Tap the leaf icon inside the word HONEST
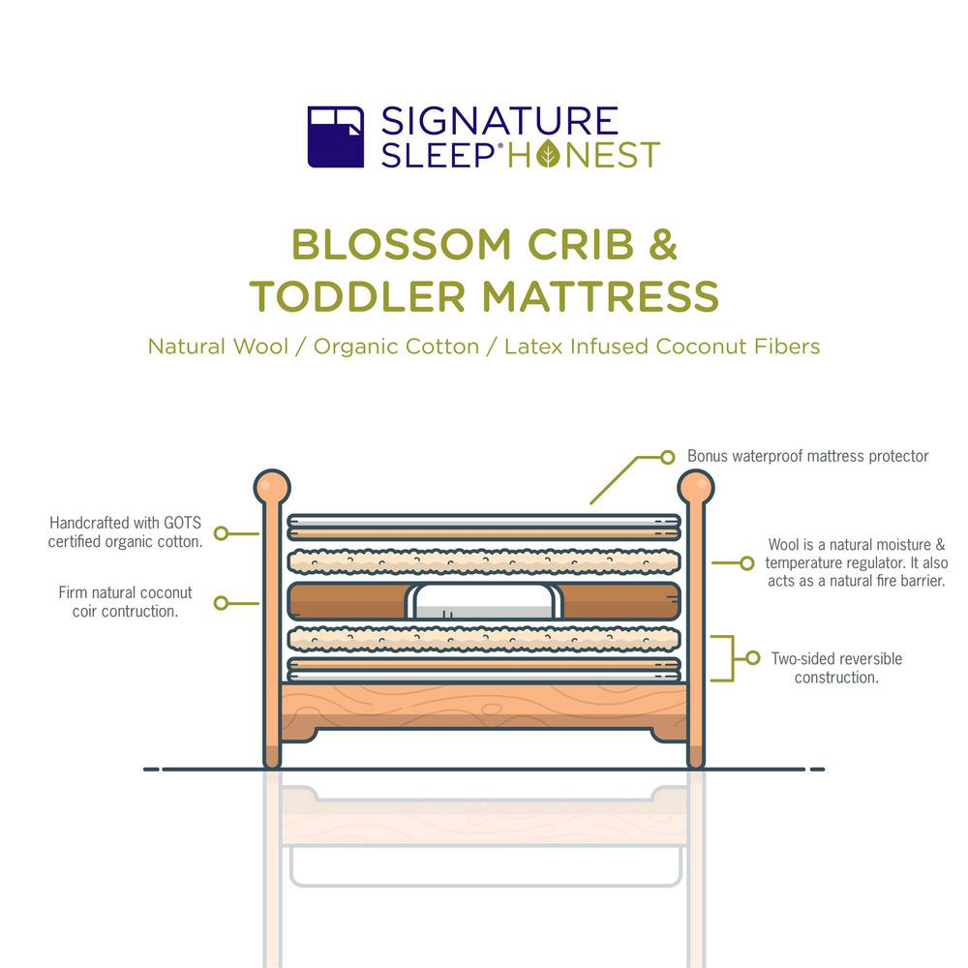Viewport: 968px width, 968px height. (548, 154)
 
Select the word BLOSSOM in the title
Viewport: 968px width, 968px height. (402, 245)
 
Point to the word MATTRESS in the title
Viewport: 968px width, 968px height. (601, 296)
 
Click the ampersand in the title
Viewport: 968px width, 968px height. (663, 245)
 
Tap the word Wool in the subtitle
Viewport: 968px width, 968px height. (261, 347)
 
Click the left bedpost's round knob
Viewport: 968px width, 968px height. (272, 487)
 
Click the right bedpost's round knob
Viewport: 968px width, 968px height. (696, 487)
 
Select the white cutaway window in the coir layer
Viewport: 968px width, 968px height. (484, 601)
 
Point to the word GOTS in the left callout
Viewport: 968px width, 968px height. (182, 523)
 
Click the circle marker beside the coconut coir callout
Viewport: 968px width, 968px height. (221, 603)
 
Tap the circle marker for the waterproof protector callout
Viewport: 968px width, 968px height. (667, 458)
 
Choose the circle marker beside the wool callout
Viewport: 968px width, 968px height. (747, 563)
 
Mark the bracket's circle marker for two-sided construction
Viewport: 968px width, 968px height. (752, 658)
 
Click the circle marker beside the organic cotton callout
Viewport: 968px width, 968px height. (221, 533)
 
